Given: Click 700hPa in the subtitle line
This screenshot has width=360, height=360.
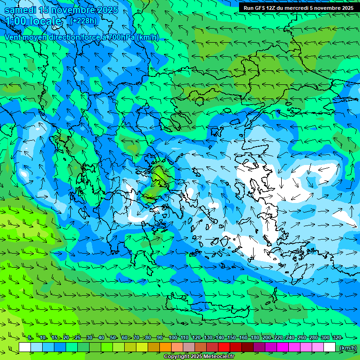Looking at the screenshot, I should click(x=121, y=37).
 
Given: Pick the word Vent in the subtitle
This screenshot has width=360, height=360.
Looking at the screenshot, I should click(x=13, y=37).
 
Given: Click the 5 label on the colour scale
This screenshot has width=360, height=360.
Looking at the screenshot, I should click(x=30, y=338).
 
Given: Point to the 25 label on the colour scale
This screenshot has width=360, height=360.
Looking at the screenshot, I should click(x=77, y=338).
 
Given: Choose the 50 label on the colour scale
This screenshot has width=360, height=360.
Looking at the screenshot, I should click(x=113, y=338).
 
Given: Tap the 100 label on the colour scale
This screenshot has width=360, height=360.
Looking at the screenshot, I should click(x=173, y=338).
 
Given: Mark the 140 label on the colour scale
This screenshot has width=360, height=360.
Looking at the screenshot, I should click(x=220, y=338).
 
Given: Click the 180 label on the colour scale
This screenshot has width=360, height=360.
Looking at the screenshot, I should click(x=255, y=338).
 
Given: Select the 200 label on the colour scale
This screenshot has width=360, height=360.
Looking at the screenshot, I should click(x=267, y=338).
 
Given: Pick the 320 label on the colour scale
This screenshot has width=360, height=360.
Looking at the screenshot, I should click(x=337, y=338).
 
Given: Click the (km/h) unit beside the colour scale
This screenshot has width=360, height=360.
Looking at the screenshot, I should click(x=348, y=348).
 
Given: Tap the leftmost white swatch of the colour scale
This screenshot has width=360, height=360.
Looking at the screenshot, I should click(x=25, y=347).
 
